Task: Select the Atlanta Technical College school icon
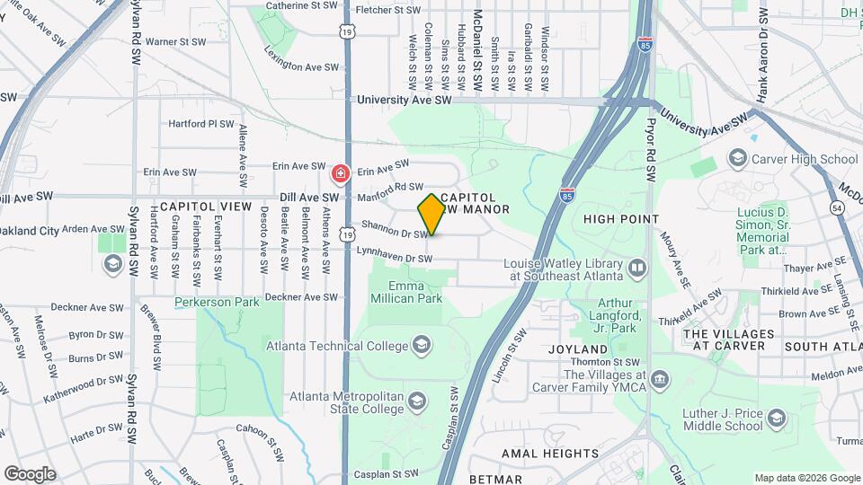(x=421, y=345)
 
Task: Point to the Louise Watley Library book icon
(x=637, y=268)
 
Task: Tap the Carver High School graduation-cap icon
(x=738, y=159)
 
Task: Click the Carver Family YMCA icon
(x=660, y=380)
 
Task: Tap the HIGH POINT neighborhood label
(x=621, y=219)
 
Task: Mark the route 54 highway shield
(x=837, y=208)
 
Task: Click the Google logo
(x=30, y=474)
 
